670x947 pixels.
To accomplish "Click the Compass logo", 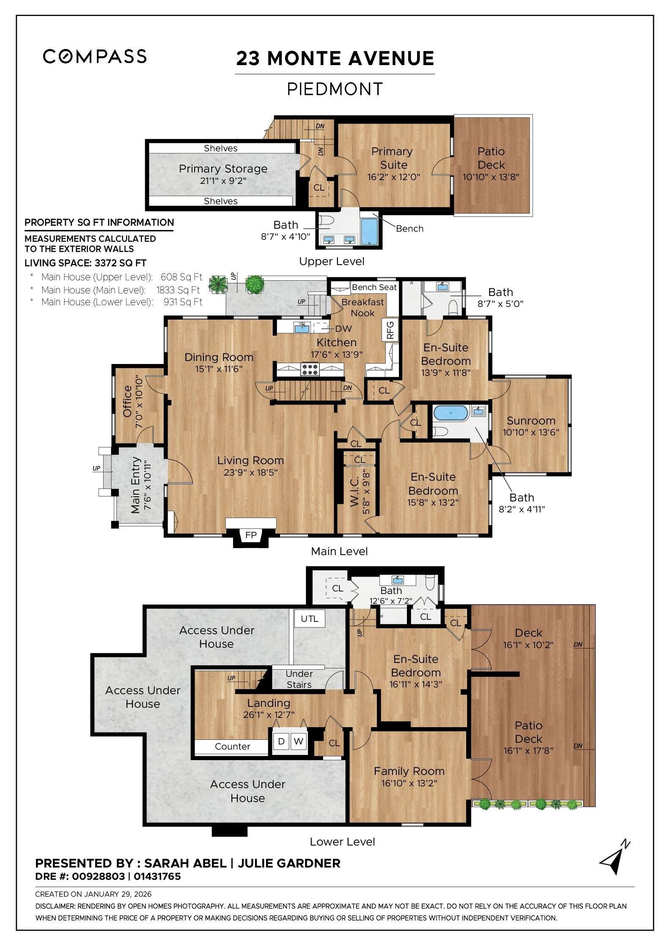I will click(95, 56).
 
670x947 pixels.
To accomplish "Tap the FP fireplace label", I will click(251, 535).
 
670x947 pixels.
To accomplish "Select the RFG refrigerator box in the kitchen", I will click(390, 330).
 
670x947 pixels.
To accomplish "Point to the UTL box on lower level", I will click(309, 619).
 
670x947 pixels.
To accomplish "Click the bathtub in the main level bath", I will click(450, 412).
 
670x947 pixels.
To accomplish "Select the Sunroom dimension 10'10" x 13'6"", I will click(531, 432).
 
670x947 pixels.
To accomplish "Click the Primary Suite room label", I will click(393, 158).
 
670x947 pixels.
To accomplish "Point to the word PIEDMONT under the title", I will click(335, 89).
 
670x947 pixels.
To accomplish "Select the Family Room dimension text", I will click(409, 783).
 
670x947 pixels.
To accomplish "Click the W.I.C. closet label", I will click(354, 491).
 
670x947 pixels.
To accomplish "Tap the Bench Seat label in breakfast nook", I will click(374, 287).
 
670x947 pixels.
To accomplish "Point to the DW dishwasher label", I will click(343, 328).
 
